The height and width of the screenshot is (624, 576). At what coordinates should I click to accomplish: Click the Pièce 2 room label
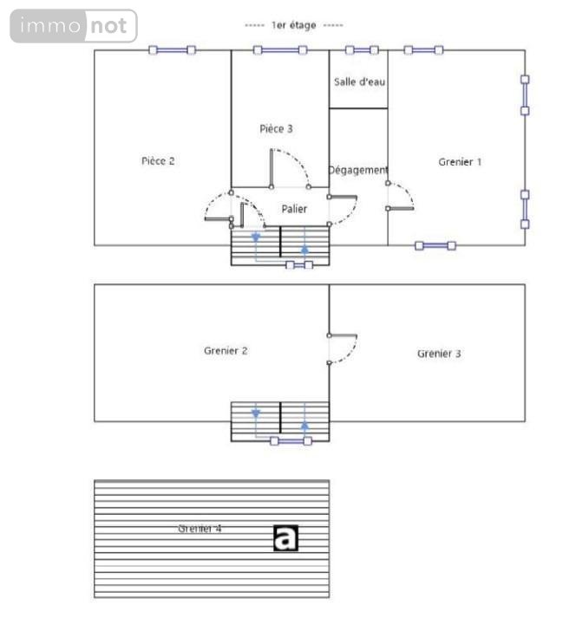(x=159, y=161)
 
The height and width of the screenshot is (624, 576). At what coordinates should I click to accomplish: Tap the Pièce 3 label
(x=276, y=129)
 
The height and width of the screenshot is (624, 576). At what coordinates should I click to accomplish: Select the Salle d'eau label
(x=359, y=81)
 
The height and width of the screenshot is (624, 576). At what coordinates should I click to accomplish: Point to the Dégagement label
(x=358, y=171)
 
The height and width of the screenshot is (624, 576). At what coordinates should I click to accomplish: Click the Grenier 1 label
(x=460, y=162)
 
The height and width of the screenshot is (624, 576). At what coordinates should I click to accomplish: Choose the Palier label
(x=294, y=209)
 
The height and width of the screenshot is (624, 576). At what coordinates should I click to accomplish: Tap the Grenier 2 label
(x=226, y=351)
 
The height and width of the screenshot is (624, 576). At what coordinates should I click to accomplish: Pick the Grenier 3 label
(x=439, y=354)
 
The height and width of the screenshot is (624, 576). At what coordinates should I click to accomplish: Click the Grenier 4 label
(x=200, y=528)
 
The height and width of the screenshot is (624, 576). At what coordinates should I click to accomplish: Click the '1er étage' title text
(x=293, y=26)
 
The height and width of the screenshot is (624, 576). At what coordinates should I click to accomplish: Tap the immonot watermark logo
(x=74, y=26)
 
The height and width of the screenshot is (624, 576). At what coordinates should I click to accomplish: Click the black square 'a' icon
(x=285, y=537)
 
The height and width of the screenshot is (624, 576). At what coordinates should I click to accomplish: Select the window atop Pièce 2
(x=173, y=50)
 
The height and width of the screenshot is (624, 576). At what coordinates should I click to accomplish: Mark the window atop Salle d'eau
(x=361, y=50)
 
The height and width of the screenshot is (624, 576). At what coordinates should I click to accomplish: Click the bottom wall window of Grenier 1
(x=435, y=246)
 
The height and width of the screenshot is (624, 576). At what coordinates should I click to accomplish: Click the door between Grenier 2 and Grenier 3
(x=344, y=348)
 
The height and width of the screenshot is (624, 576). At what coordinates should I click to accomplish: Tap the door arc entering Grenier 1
(x=401, y=197)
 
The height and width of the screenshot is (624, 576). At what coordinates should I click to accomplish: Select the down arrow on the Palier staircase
(x=256, y=239)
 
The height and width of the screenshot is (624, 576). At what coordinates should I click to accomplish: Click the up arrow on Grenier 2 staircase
(x=305, y=424)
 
